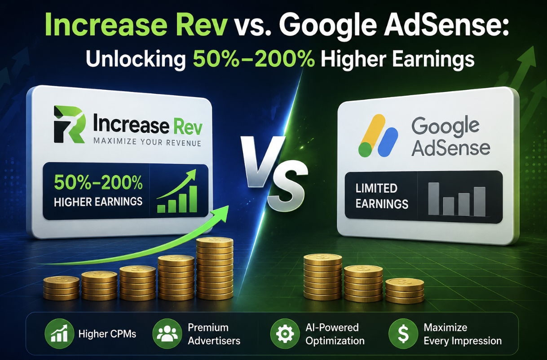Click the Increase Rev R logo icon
click(69, 124)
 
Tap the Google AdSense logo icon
click(378, 136)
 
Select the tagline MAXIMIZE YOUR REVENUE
click(147, 142)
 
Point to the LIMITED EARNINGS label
click(382, 196)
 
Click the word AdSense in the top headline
click(447, 26)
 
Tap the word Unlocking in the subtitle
click(136, 59)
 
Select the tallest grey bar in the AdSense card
click(433, 199)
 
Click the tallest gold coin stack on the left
click(215, 268)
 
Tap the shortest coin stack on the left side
click(61, 288)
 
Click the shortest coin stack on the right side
click(405, 291)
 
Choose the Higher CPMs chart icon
click(59, 334)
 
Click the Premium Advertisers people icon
click(167, 334)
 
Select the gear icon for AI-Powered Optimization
click(285, 334)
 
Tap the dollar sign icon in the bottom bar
click(403, 334)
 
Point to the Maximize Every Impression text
click(463, 334)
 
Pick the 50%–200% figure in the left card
click(98, 183)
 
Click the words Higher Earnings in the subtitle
click(397, 59)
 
